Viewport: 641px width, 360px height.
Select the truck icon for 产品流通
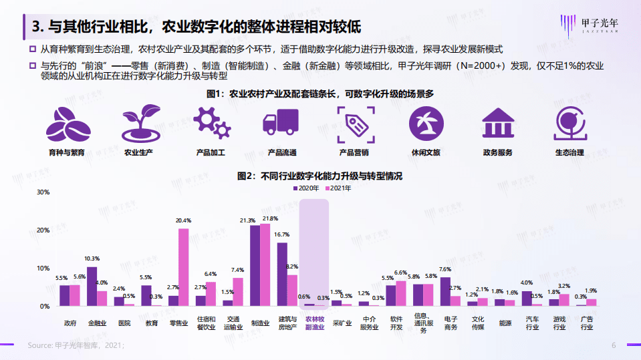click(x=281, y=124)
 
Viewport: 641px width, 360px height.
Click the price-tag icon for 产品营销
click(x=354, y=124)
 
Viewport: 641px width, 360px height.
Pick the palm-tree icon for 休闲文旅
click(x=426, y=124)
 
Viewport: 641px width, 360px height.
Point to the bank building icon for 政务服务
click(x=498, y=124)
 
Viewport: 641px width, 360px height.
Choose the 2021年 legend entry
click(x=338, y=188)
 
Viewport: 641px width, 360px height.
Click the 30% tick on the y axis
click(x=43, y=192)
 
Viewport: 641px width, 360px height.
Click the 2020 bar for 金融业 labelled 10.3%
click(x=92, y=286)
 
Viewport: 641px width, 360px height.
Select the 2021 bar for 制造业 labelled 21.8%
click(x=265, y=264)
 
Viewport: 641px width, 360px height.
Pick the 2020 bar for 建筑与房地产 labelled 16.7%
click(x=282, y=274)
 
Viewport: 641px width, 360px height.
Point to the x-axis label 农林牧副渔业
click(x=314, y=323)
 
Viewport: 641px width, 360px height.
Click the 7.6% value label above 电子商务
click(x=446, y=270)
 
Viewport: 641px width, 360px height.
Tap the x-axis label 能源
click(x=505, y=323)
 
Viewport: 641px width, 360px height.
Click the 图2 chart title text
click(x=320, y=176)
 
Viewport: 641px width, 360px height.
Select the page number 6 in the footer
click(x=614, y=345)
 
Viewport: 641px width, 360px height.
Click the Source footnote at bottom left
click(x=76, y=345)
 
